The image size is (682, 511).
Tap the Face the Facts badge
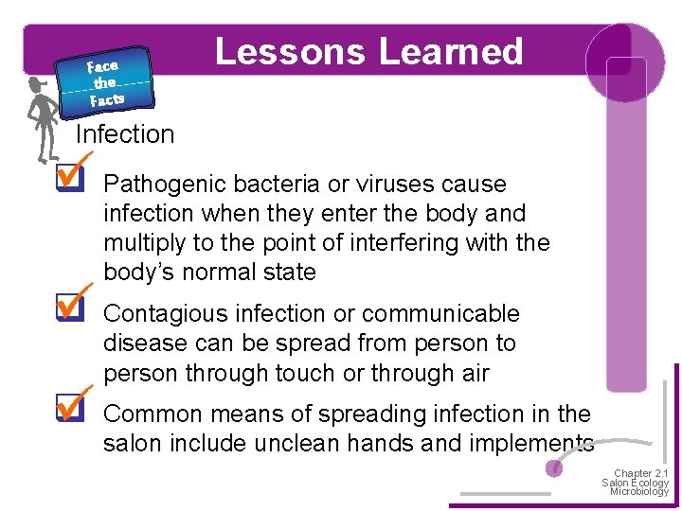pos(104,81)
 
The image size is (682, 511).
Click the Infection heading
pos(125,134)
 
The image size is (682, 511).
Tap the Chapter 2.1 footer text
pos(641,473)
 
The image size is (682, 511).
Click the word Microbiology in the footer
pos(639,492)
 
